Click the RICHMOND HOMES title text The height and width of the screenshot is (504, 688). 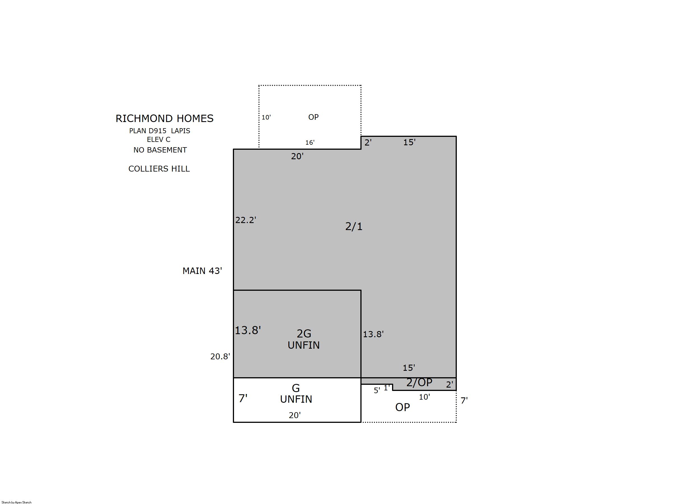pos(164,118)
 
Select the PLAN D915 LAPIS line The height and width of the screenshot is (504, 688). pos(159,131)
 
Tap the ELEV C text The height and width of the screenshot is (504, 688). pos(159,139)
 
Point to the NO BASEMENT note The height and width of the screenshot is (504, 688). pos(160,150)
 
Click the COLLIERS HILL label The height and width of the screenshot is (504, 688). pos(159,169)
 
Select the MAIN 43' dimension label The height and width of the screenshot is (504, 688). pos(202,271)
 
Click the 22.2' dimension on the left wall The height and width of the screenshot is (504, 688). pos(245,220)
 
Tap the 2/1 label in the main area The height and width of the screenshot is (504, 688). pos(354,226)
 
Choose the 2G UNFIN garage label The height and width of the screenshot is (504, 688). pos(304,339)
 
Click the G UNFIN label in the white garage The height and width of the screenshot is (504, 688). pos(296,393)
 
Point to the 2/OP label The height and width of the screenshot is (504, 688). pos(419,382)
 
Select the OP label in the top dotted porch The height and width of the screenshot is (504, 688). pos(313,117)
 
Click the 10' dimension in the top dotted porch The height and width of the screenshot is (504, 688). pos(266,118)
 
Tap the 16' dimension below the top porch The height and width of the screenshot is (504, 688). pos(310,142)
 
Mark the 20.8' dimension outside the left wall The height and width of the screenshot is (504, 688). pos(220,356)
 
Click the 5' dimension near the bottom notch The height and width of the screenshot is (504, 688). pos(377,390)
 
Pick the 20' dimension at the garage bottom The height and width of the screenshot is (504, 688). pos(295,415)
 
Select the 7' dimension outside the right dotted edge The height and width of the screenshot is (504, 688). pos(464,400)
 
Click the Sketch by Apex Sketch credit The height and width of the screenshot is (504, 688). pos(17,502)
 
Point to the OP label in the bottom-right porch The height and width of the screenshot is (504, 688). pos(402,407)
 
